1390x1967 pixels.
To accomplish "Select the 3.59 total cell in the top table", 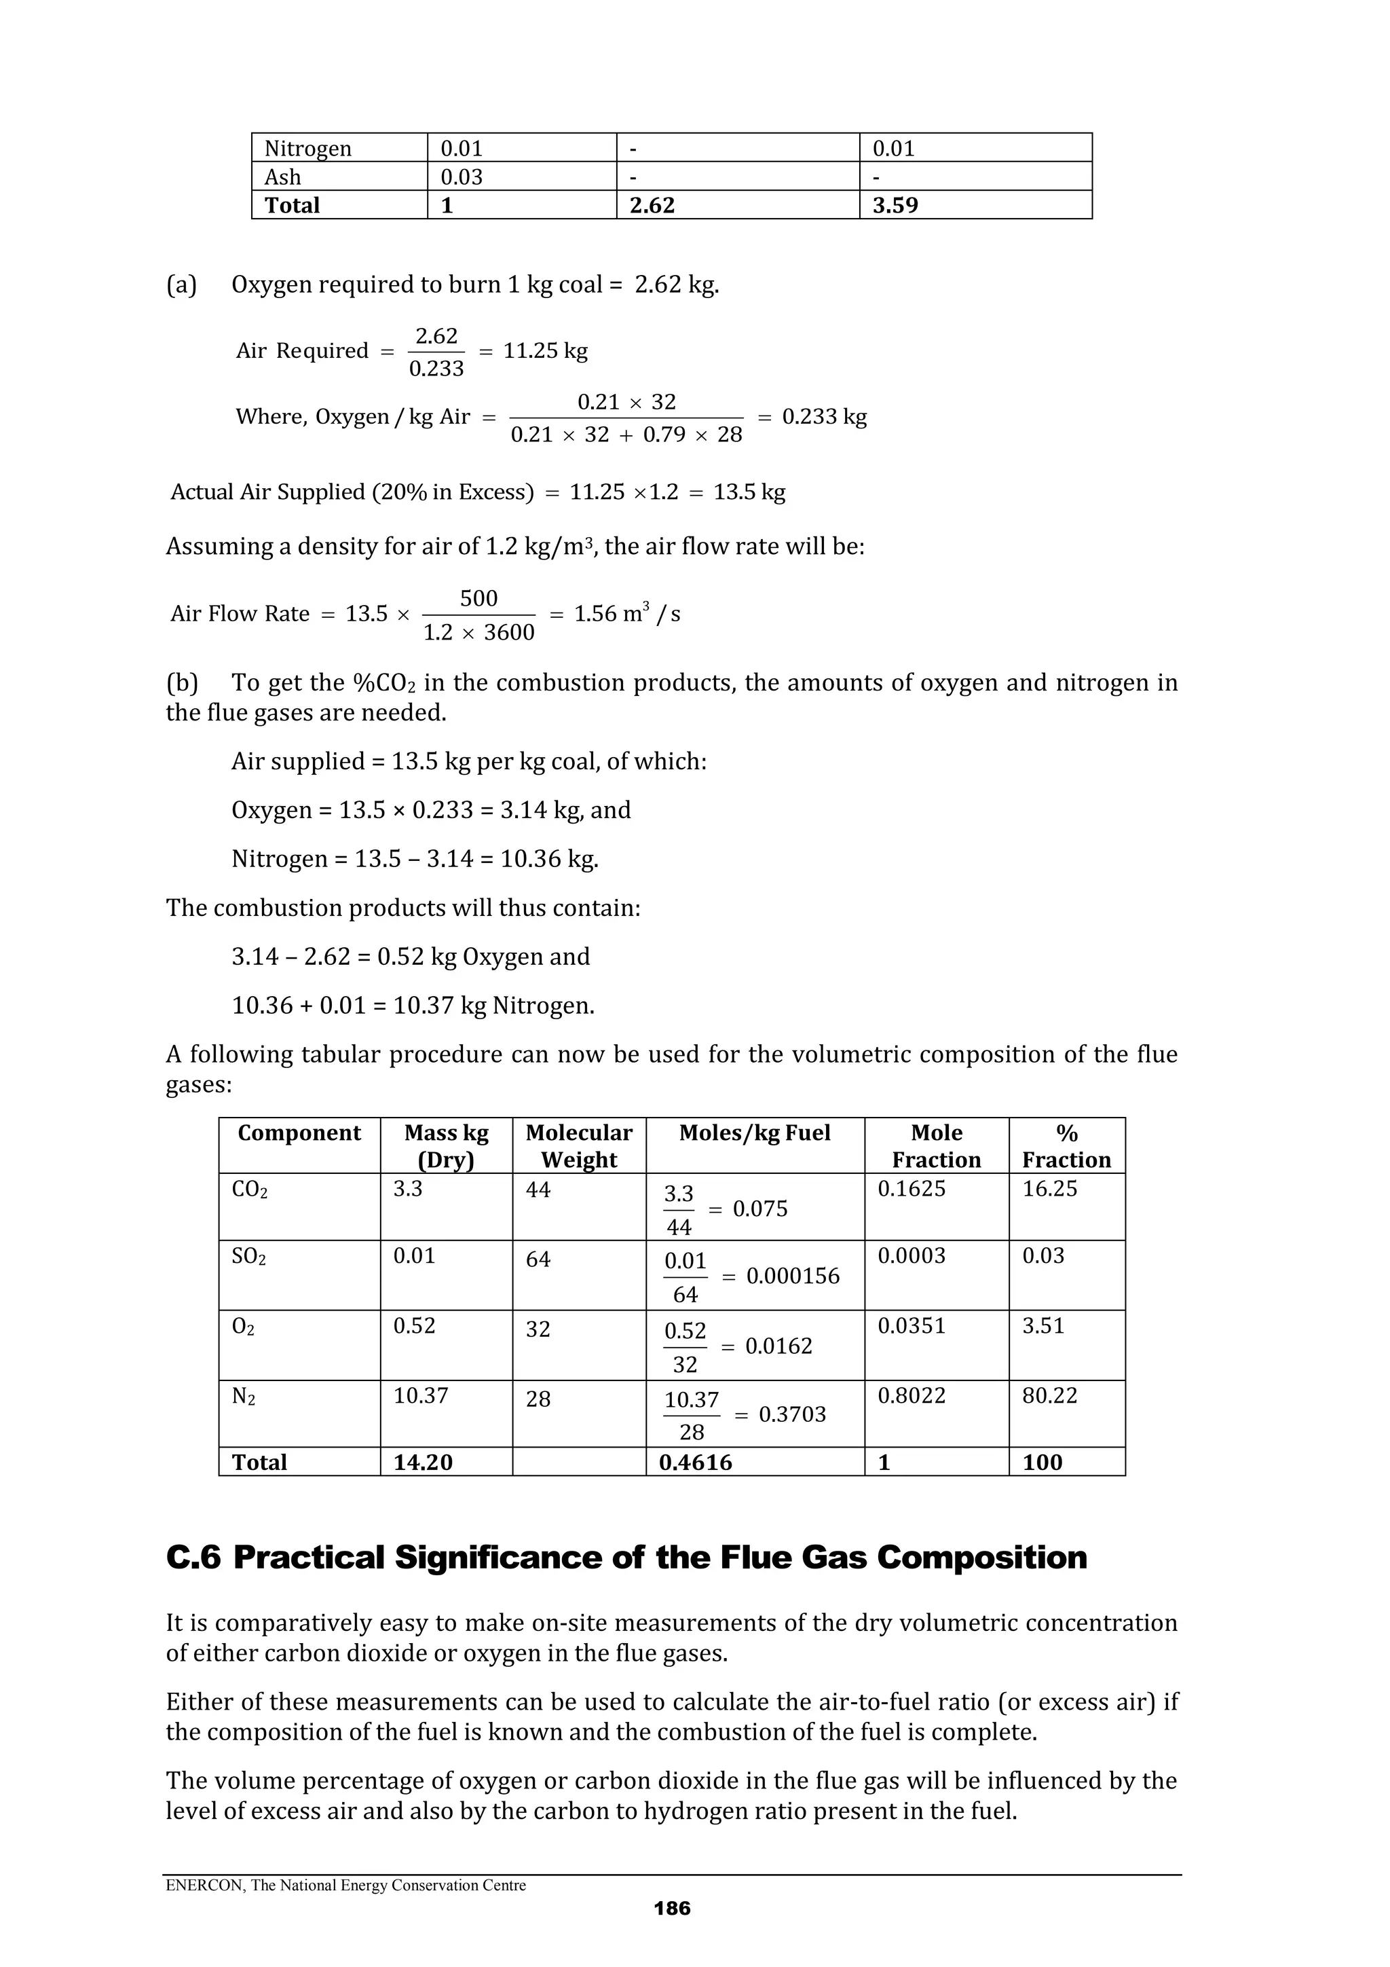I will [895, 206].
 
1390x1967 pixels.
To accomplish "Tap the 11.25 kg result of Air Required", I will [545, 350].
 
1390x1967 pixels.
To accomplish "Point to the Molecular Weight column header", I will [579, 1145].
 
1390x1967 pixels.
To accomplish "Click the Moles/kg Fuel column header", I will [755, 1133].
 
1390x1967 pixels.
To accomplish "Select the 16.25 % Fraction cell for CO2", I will [1049, 1188].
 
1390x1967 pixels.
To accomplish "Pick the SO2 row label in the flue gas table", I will [248, 1256].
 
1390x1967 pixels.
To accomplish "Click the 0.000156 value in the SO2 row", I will [793, 1276].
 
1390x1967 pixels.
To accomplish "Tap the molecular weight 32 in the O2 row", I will [538, 1329].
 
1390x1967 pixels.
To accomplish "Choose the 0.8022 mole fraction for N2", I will [912, 1395].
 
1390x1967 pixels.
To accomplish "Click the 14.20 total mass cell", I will [422, 1463].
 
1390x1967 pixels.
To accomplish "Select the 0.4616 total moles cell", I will [696, 1463].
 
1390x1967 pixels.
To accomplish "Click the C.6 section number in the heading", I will [193, 1557].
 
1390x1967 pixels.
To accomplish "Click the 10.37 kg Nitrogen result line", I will [413, 1005].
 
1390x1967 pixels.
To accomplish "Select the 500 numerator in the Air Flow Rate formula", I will [478, 598].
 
